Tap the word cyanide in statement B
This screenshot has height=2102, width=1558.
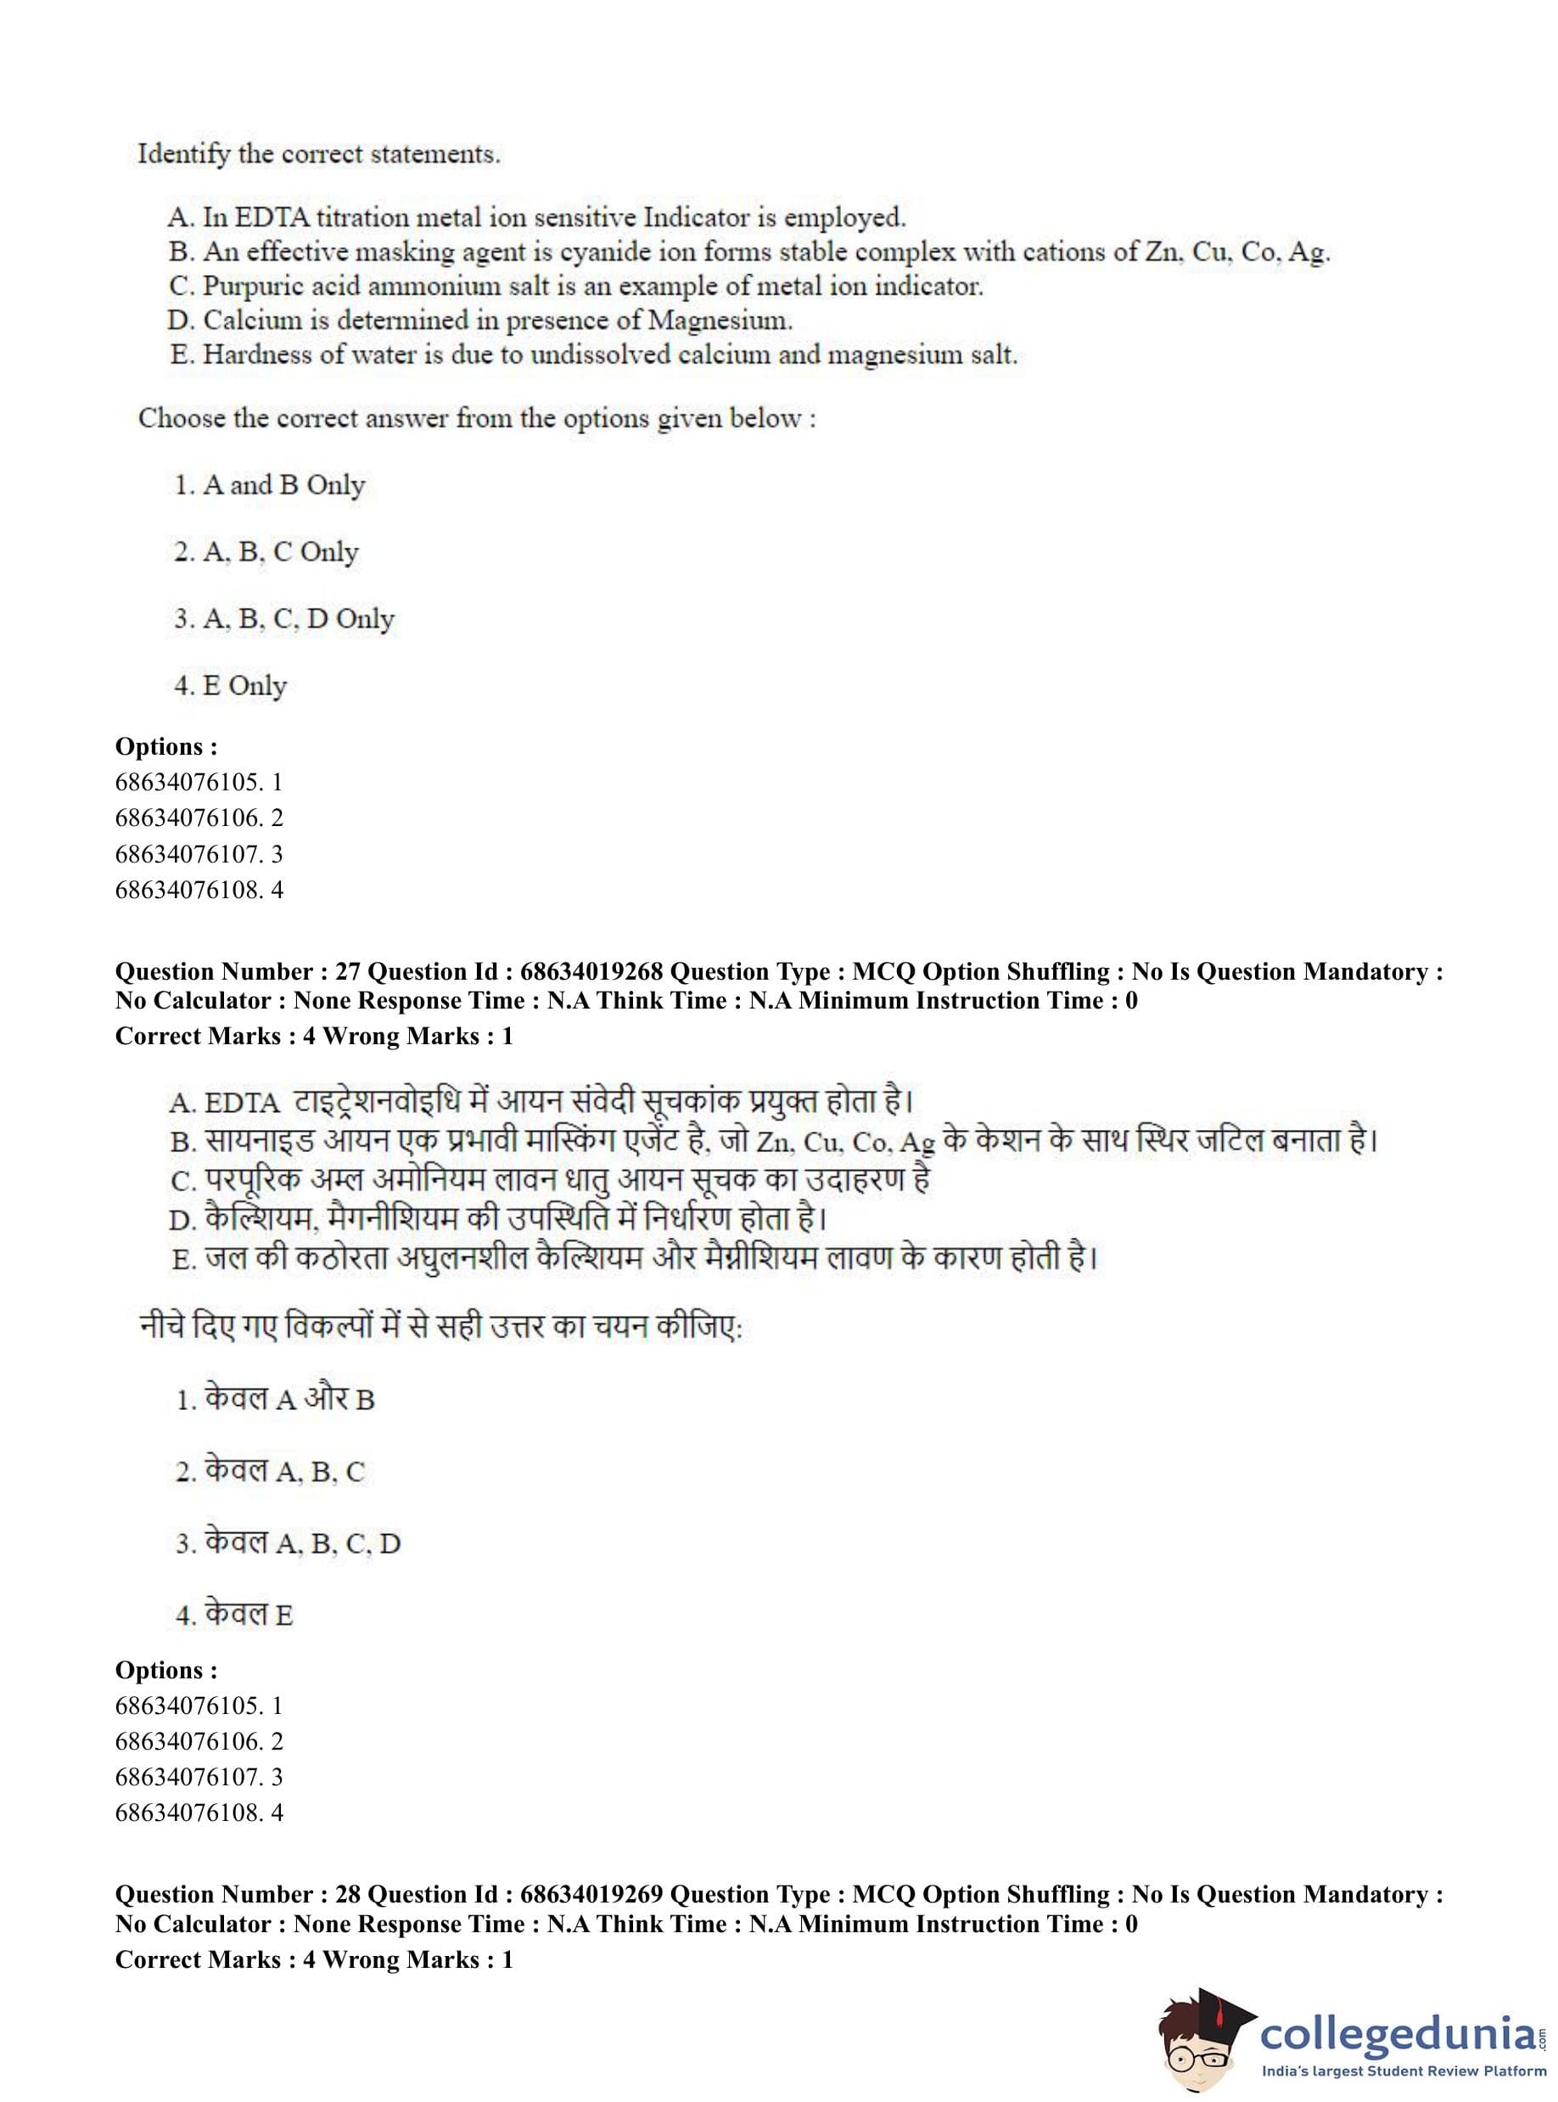604,252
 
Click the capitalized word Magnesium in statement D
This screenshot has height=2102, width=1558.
719,321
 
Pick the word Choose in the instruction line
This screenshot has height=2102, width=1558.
181,418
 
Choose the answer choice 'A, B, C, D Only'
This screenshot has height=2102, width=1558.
298,619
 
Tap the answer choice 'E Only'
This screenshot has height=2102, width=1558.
244,686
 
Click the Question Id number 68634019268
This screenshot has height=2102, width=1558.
591,972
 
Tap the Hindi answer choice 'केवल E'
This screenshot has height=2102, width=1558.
248,1616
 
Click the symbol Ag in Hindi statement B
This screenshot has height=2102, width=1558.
916,1143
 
